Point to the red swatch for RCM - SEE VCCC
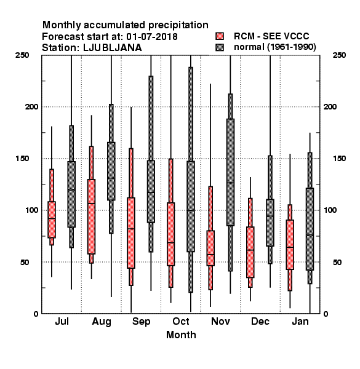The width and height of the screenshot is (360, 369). (x=220, y=36)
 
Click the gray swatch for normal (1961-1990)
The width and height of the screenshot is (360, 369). (x=220, y=47)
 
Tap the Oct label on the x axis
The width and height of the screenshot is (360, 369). (x=181, y=321)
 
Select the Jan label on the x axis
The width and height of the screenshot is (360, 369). (x=300, y=321)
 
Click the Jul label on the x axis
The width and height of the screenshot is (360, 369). (x=62, y=321)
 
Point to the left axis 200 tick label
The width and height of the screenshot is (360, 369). (x=31, y=106)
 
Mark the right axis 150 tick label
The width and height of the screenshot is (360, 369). (x=339, y=159)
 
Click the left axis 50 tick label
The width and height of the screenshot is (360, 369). (x=25, y=262)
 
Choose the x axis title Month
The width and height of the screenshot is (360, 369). (x=181, y=335)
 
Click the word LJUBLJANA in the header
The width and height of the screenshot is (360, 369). (x=113, y=48)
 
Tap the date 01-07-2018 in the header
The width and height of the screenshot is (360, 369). (x=152, y=36)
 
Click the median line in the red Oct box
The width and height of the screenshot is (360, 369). (x=170, y=242)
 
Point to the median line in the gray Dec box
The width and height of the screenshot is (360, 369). (x=270, y=216)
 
